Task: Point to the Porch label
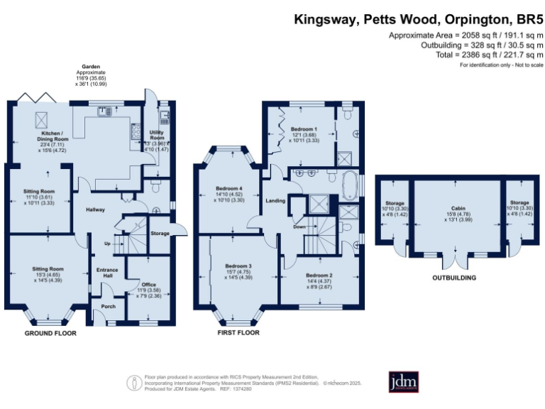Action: click(x=108, y=307)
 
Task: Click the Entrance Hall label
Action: click(x=108, y=272)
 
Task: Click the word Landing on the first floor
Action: click(x=275, y=200)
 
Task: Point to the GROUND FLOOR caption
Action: click(x=50, y=333)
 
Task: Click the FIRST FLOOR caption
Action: click(x=238, y=333)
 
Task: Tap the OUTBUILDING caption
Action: click(x=453, y=278)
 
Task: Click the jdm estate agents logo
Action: click(x=404, y=381)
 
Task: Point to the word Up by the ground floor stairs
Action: click(x=107, y=243)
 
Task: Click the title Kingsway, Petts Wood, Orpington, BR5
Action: click(x=418, y=19)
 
